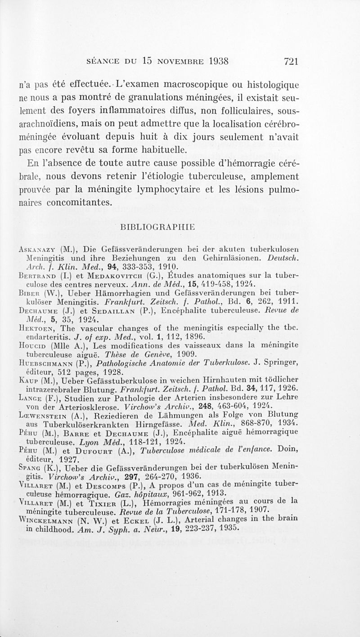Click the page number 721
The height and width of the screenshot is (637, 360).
click(x=288, y=61)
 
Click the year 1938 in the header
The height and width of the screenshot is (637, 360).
click(x=211, y=61)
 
